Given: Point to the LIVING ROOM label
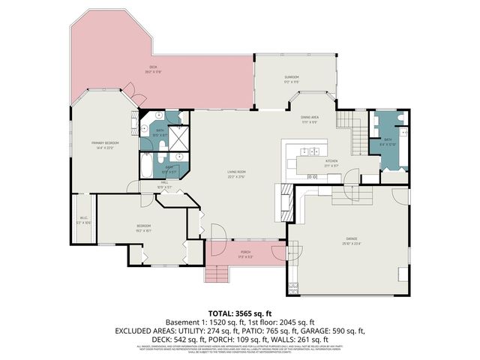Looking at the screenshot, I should click(237, 173).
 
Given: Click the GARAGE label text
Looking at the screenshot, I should click(351, 240).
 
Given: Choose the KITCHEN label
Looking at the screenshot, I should click(331, 162).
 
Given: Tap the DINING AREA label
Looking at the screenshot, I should click(310, 118).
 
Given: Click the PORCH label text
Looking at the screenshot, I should click(244, 253).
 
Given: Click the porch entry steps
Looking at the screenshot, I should click(217, 273).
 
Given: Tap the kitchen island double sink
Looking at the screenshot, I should click(314, 176).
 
